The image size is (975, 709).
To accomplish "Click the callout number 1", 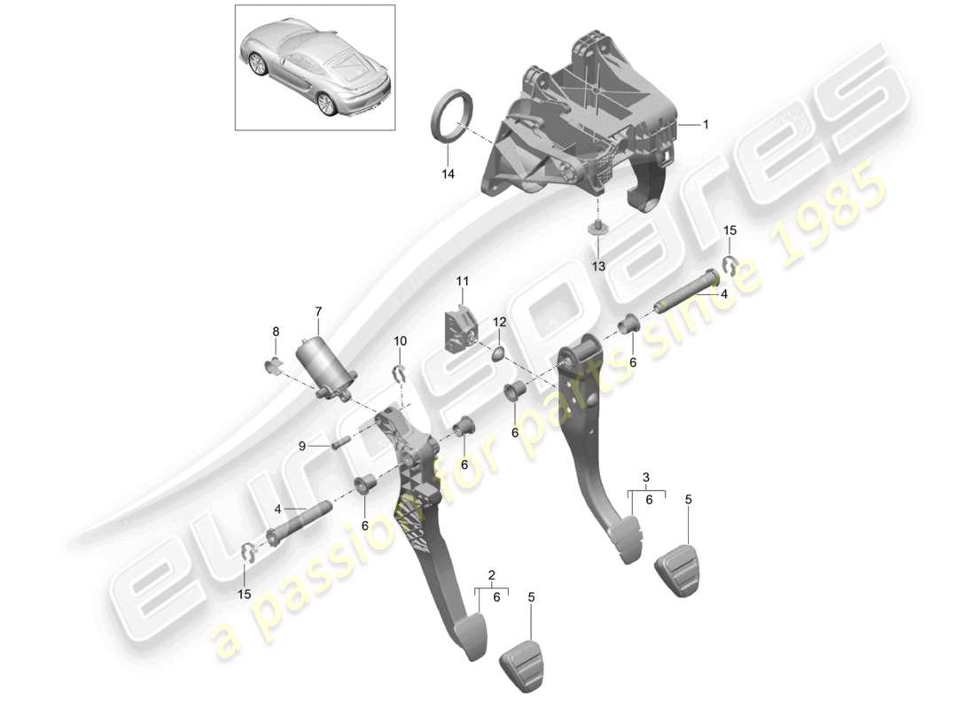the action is [706, 125].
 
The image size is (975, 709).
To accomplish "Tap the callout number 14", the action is [448, 175].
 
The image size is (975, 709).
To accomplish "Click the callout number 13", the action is [598, 266].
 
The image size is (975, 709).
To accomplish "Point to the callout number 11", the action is [462, 282].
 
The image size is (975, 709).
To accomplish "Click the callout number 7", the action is [319, 311].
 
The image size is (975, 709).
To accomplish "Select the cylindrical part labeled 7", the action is [326, 367].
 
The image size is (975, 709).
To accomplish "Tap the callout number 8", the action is [276, 331].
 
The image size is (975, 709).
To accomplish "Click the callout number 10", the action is [400, 340].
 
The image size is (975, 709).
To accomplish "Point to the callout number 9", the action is [301, 447].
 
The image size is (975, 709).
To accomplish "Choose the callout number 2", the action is [491, 573].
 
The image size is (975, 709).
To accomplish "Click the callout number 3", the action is [646, 478].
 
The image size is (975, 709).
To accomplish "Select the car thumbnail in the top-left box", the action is [315, 66].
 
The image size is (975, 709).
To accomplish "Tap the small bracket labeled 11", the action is [460, 324].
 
